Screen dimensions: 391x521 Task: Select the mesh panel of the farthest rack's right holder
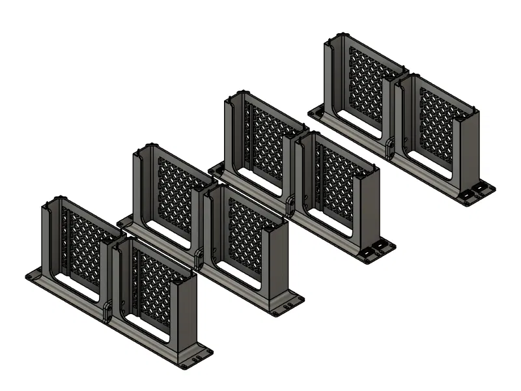click(437, 124)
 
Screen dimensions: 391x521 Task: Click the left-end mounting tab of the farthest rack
click(315, 112)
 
